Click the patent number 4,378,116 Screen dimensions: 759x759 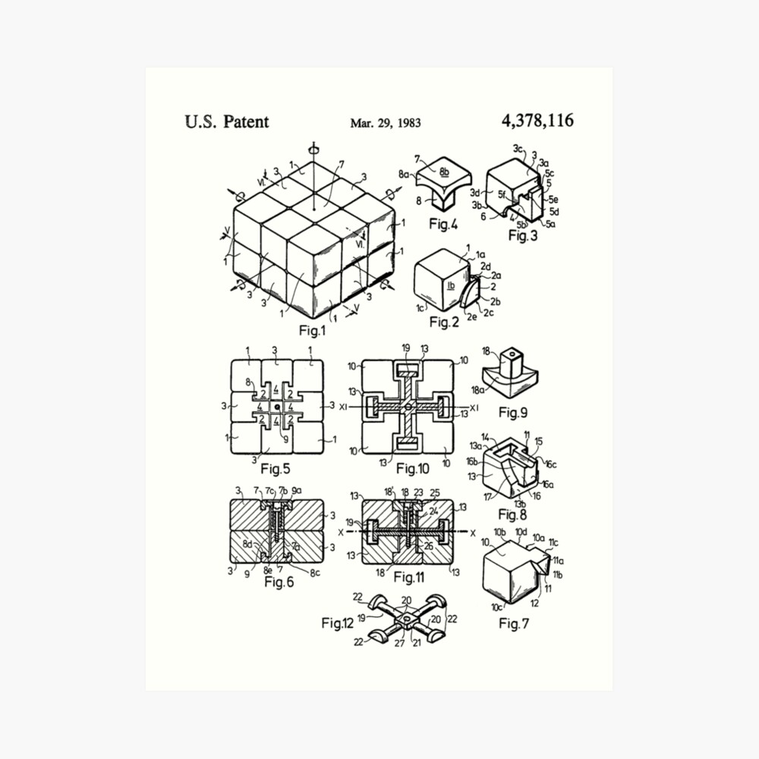click(x=537, y=120)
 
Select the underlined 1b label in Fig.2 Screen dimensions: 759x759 click(x=450, y=287)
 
